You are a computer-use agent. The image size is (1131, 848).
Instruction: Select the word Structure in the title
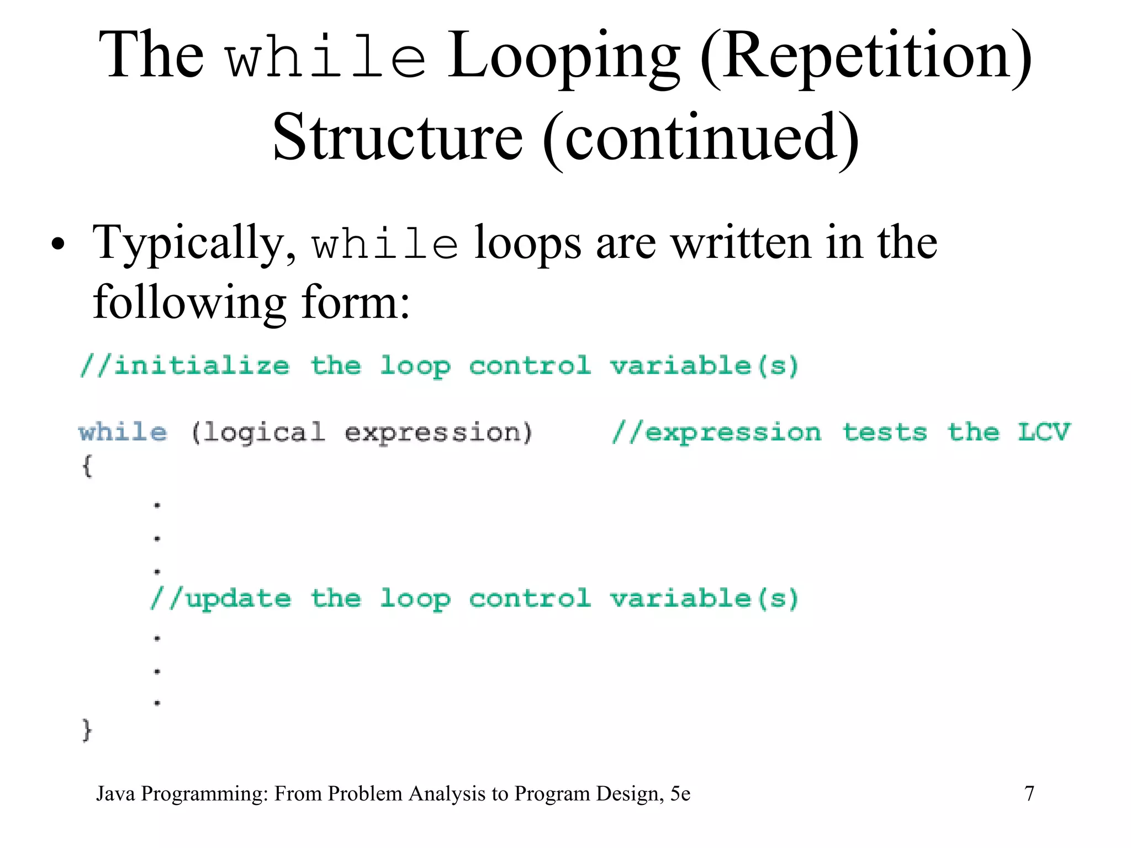point(398,137)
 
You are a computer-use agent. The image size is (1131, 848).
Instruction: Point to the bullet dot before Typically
point(57,244)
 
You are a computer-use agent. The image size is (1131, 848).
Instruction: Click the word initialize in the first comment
point(201,366)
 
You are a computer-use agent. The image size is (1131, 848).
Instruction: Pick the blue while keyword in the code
point(123,432)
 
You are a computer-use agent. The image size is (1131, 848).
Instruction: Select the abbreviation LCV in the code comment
point(1043,432)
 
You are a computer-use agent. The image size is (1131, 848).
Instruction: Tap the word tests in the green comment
point(885,432)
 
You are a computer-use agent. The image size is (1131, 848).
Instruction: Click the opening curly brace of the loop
point(87,465)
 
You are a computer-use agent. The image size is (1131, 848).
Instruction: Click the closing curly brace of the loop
point(87,730)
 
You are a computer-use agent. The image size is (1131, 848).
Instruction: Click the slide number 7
point(1029,793)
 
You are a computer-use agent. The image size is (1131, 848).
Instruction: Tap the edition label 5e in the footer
point(680,793)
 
